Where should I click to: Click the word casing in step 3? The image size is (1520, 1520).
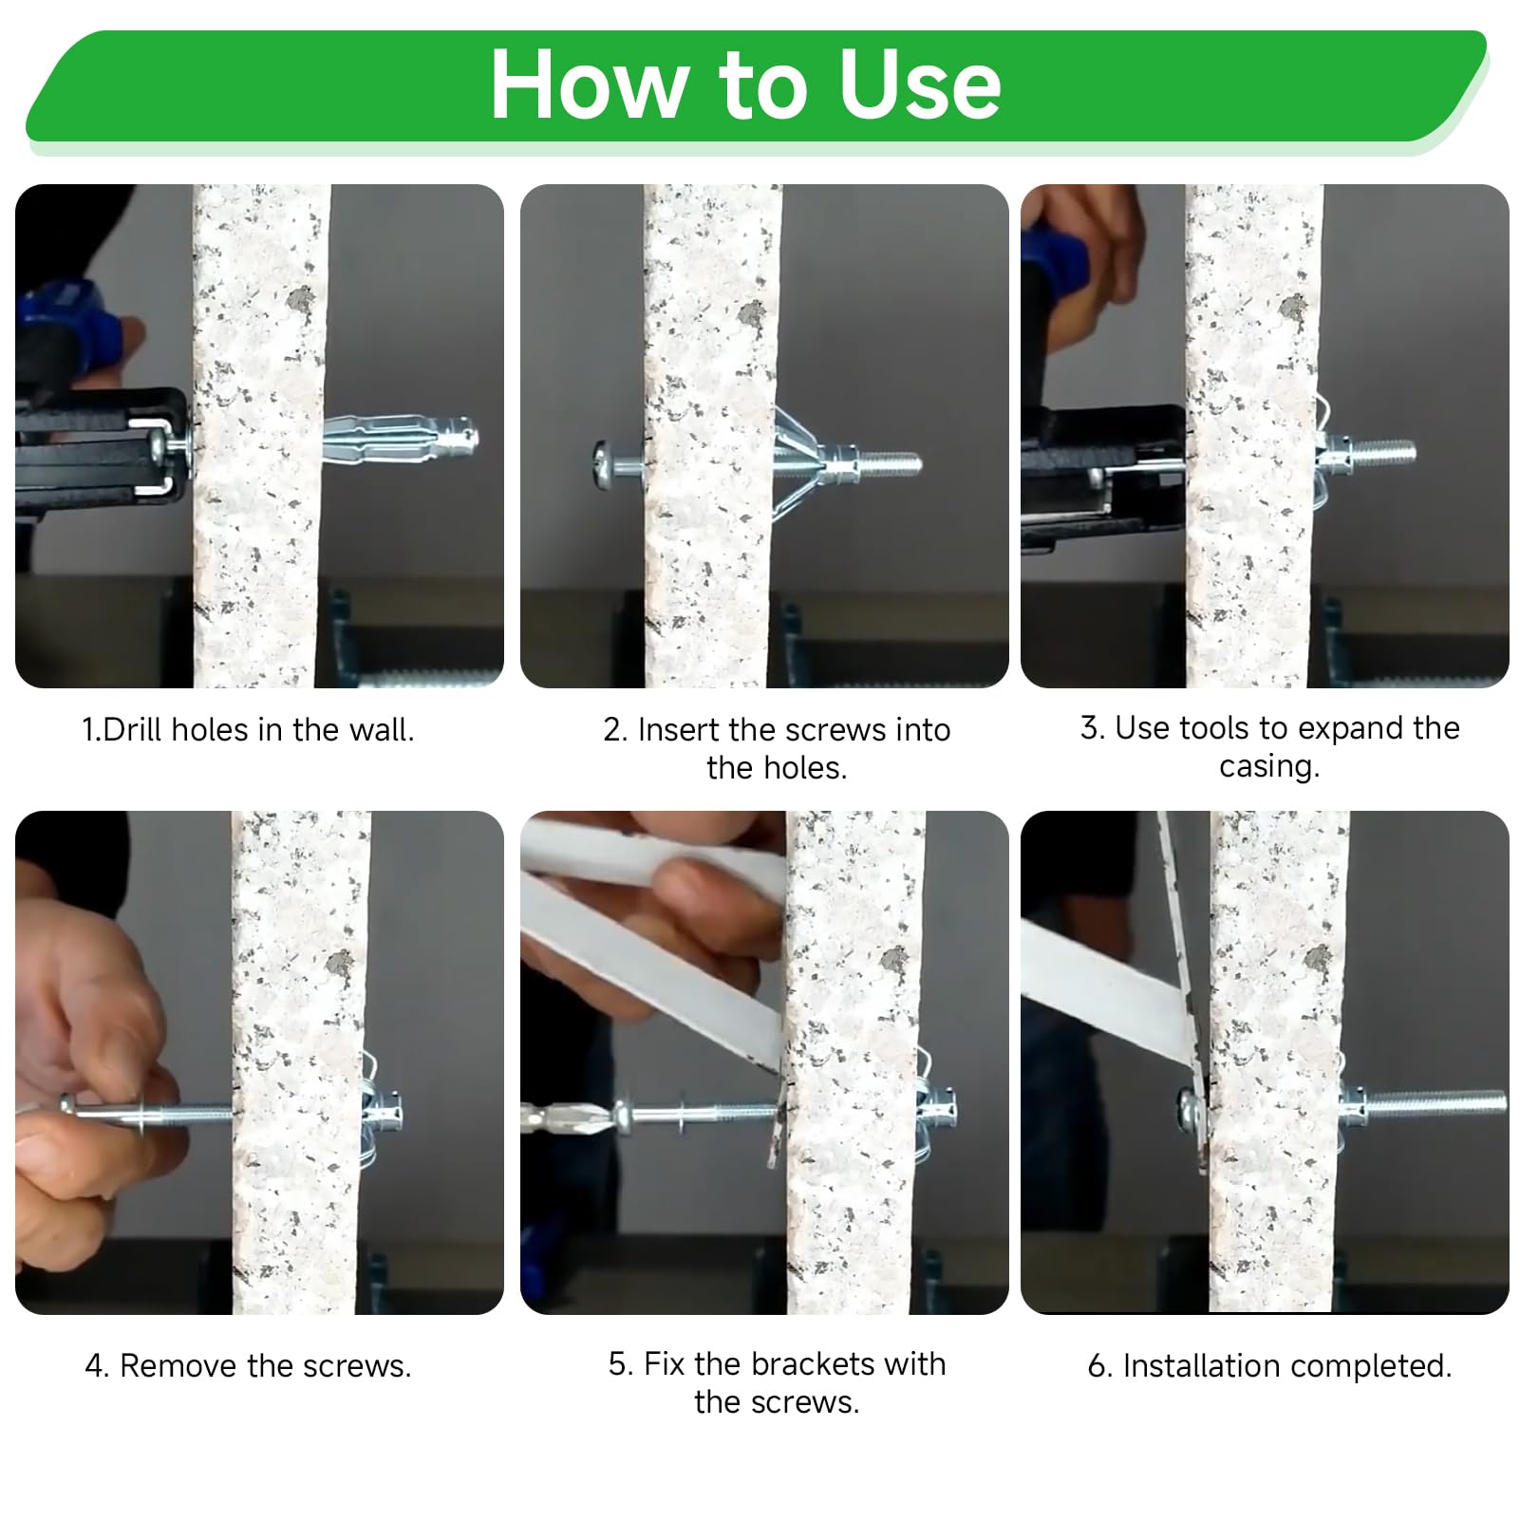click(x=1269, y=766)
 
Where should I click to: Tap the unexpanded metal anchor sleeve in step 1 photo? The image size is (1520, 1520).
click(x=400, y=440)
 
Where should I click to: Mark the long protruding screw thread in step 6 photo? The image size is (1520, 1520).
click(x=1435, y=1102)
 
